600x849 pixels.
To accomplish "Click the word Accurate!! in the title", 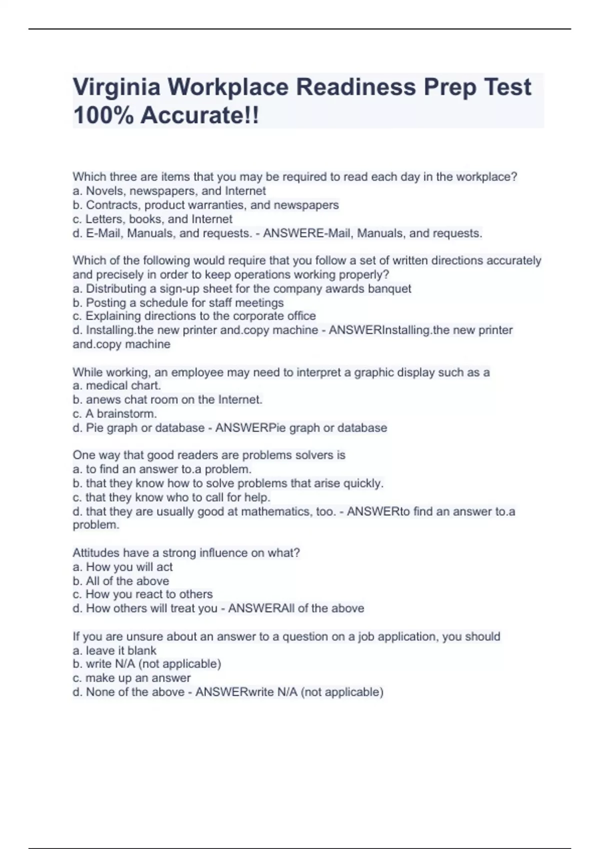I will coord(200,115).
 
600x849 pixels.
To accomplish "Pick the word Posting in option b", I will coord(106,303).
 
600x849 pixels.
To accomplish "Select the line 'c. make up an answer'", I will coord(132,678).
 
